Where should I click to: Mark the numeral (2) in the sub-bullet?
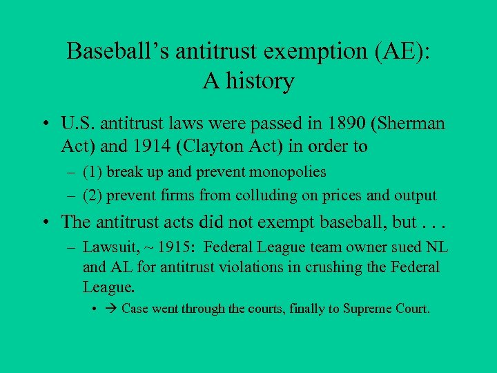[91, 195]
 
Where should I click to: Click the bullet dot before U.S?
[44, 125]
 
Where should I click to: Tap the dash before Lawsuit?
[70, 247]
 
